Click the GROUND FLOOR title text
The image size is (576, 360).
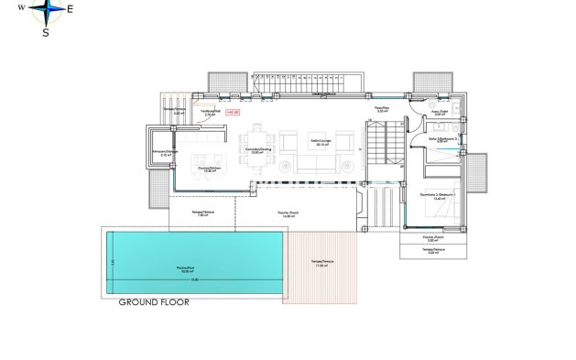[153, 301]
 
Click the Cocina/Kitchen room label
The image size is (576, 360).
[210, 169]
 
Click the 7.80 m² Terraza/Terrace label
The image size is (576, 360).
[203, 213]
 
